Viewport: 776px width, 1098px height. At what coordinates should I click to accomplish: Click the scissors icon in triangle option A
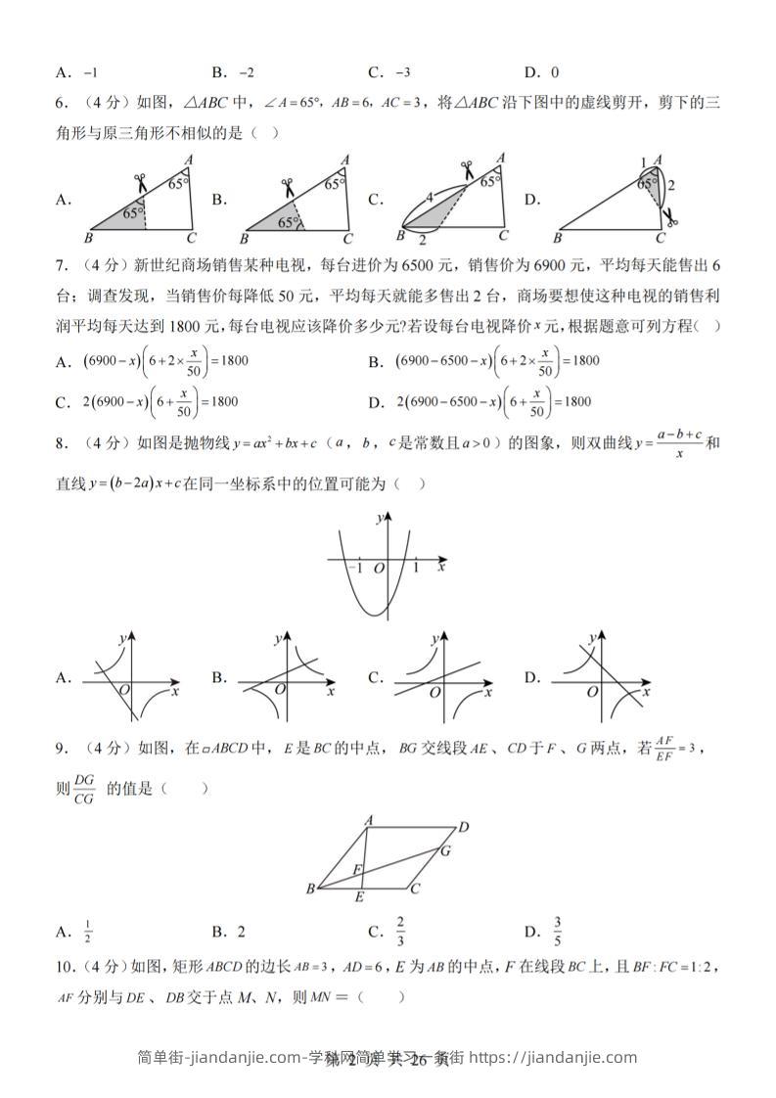[x=141, y=181]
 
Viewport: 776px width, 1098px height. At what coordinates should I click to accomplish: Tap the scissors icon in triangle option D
[x=668, y=215]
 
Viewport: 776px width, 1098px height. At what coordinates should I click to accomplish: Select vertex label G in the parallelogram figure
[x=444, y=850]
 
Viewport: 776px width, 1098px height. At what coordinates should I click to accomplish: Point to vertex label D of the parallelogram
[x=464, y=828]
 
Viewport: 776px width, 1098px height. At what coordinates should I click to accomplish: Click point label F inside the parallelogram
[x=357, y=869]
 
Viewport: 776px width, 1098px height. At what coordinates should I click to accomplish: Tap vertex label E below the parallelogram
[x=360, y=897]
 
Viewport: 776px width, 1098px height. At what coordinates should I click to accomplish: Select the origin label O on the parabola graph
[x=379, y=568]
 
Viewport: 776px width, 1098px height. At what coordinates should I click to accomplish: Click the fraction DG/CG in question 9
[x=84, y=789]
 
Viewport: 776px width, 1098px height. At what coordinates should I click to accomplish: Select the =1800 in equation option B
[x=579, y=360]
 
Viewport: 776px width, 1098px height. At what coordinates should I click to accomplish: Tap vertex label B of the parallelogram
[x=310, y=889]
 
